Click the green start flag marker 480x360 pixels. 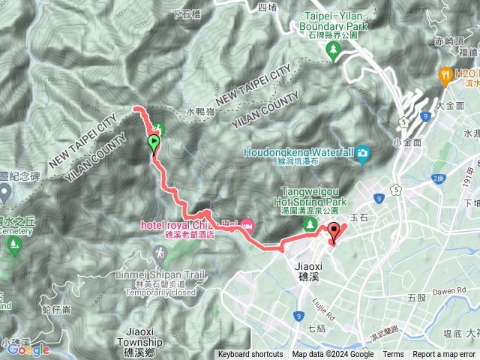point(154,142)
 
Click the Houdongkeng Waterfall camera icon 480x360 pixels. point(363,154)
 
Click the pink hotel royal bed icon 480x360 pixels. point(247,225)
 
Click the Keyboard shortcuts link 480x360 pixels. point(250,355)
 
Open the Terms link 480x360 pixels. point(393,355)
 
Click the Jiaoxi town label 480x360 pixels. point(307,264)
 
